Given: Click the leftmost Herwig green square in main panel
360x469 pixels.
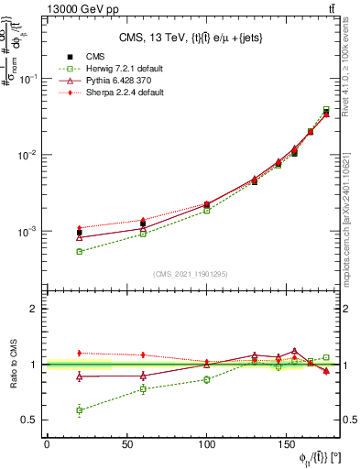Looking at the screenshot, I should pyautogui.click(x=80, y=251).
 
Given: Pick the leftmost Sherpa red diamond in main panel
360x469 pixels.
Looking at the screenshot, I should pyautogui.click(x=80, y=228).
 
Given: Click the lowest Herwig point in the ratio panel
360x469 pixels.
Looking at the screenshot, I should pyautogui.click(x=80, y=410).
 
